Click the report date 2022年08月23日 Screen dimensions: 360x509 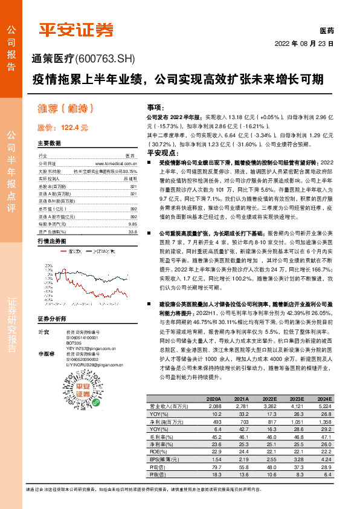(304, 44)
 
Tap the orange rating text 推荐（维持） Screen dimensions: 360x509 (65, 109)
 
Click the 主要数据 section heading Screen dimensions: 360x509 (50, 144)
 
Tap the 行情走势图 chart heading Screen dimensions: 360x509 (51, 241)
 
